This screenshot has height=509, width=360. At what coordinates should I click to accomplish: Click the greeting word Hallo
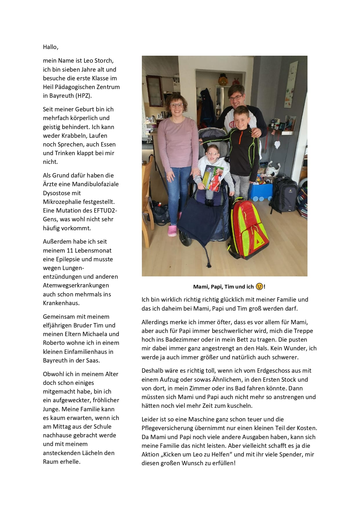coord(50,47)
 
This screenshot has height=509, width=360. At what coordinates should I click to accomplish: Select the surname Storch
coord(104,61)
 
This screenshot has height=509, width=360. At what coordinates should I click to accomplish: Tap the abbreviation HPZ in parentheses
coord(84,96)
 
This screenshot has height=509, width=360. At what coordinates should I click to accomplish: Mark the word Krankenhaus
coord(61,303)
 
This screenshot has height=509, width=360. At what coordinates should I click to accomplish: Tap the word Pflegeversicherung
coord(167,428)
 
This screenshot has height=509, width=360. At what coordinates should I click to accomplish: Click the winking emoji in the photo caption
coord(259,287)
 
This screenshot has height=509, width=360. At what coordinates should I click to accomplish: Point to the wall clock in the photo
coord(292,80)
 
